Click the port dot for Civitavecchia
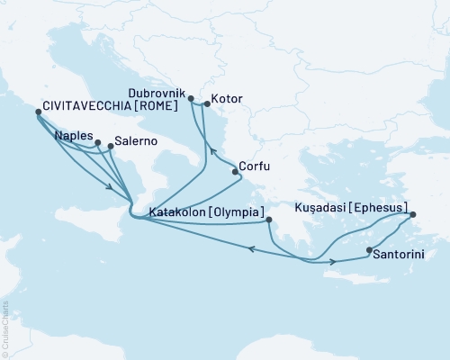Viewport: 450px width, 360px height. (x=37, y=112)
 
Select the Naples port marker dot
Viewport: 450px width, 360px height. (x=97, y=142)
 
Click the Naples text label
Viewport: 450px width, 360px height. (x=73, y=136)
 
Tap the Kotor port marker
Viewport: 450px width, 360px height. (x=206, y=104)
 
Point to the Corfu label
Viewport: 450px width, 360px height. (x=256, y=166)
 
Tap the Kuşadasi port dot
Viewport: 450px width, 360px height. (x=413, y=215)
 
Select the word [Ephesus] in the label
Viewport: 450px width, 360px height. (x=379, y=206)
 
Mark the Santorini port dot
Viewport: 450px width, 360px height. (x=369, y=249)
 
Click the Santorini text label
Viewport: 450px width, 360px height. (x=400, y=256)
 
